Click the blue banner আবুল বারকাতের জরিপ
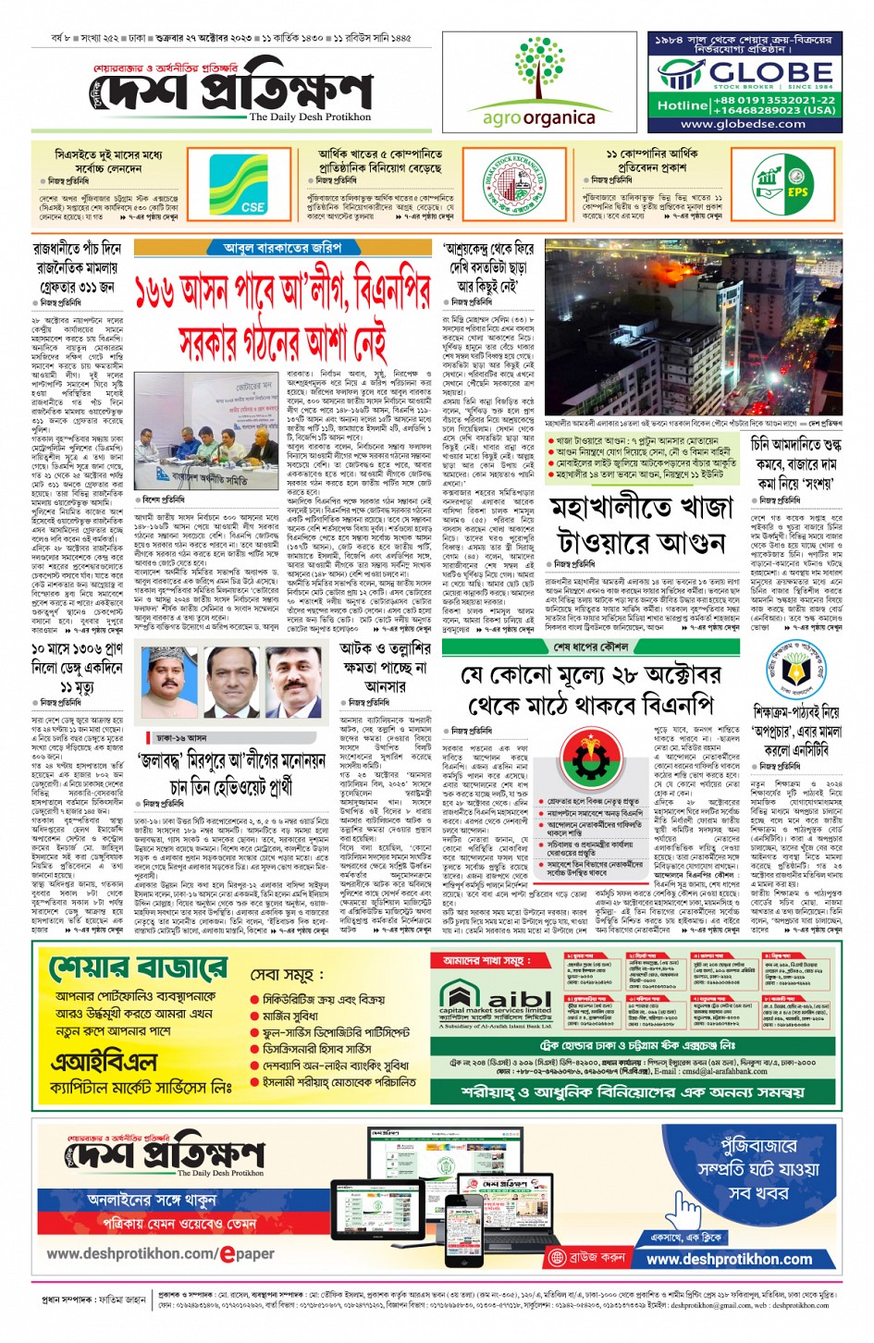click(282, 248)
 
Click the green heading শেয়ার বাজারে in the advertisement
click(138, 969)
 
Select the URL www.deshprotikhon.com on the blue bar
click(729, 1259)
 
